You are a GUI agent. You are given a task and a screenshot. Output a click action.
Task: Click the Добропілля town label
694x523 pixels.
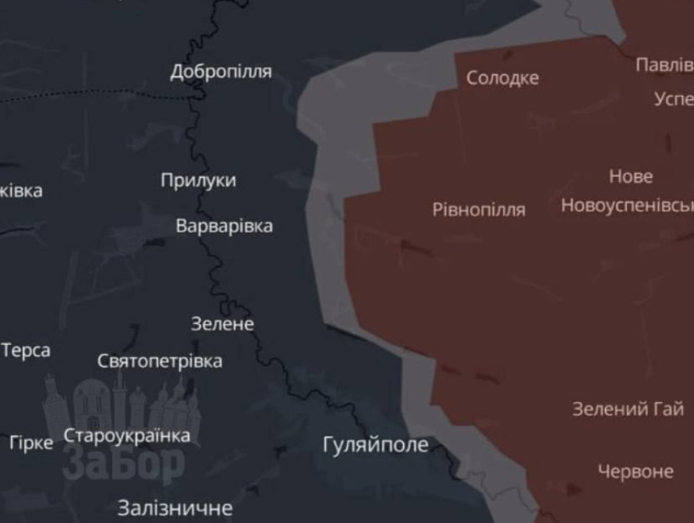(x=221, y=72)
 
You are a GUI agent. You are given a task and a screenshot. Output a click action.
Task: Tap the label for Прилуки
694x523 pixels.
(x=198, y=180)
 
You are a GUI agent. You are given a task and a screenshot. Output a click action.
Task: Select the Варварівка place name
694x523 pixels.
(x=224, y=226)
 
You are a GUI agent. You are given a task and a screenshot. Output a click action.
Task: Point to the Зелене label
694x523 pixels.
(x=222, y=323)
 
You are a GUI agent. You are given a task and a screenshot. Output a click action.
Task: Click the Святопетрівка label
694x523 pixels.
(x=159, y=361)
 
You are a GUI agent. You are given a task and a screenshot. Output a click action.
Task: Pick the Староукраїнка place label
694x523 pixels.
(x=126, y=436)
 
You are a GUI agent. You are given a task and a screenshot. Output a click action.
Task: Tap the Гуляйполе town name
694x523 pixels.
(x=375, y=445)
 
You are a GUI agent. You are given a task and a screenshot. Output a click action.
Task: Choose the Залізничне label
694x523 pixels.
(x=175, y=508)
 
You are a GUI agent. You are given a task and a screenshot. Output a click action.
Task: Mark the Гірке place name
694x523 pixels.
(x=31, y=443)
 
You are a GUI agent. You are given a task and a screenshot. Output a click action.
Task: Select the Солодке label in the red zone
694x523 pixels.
(x=502, y=78)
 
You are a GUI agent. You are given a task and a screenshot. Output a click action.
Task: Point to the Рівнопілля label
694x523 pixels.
(x=478, y=209)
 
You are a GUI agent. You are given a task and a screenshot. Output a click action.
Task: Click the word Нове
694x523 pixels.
(x=630, y=176)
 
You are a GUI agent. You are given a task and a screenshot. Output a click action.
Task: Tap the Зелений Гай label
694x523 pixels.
(x=628, y=408)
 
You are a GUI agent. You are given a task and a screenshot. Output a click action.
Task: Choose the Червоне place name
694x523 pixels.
(x=635, y=471)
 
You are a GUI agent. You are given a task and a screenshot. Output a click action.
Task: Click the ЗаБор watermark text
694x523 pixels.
(x=123, y=465)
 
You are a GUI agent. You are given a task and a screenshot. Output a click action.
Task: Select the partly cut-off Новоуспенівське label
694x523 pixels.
(x=627, y=205)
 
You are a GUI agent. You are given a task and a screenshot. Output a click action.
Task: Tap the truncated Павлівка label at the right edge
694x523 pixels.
(x=664, y=65)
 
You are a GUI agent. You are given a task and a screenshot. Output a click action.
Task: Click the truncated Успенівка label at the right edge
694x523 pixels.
(x=674, y=99)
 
